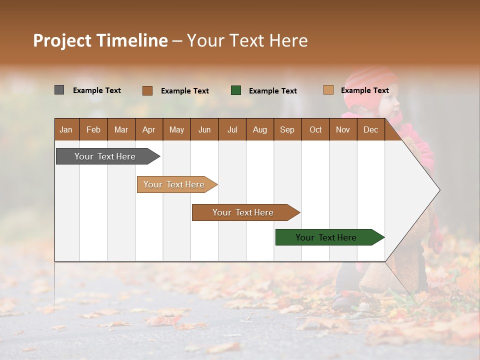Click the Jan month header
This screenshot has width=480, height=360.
(x=66, y=129)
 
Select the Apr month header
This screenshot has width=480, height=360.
(x=149, y=129)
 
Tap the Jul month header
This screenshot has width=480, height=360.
(x=232, y=129)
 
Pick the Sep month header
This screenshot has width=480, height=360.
(x=287, y=129)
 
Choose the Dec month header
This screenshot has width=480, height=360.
(x=370, y=129)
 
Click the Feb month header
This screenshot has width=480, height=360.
(x=93, y=129)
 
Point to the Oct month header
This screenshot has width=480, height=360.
(x=315, y=129)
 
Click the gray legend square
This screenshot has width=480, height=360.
(x=59, y=90)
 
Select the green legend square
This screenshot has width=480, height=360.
(x=236, y=90)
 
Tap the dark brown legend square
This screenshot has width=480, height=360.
(x=147, y=90)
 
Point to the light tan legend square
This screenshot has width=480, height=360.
(x=328, y=90)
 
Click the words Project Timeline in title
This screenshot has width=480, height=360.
(x=100, y=40)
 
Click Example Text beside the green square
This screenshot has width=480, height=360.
(x=273, y=91)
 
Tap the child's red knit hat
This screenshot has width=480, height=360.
(x=367, y=82)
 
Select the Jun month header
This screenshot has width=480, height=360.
(x=204, y=129)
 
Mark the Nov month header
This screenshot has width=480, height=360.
(x=343, y=129)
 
